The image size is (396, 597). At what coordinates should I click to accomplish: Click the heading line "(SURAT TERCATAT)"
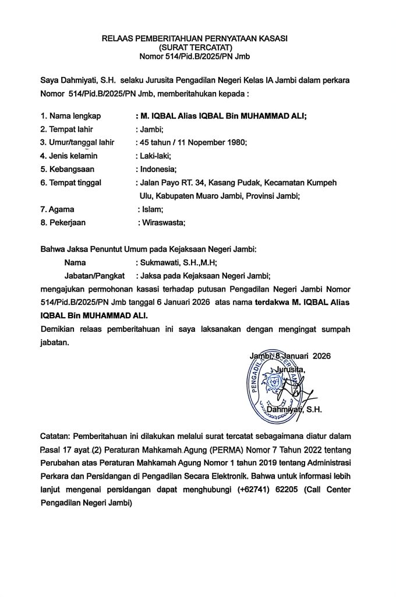click(x=196, y=47)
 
